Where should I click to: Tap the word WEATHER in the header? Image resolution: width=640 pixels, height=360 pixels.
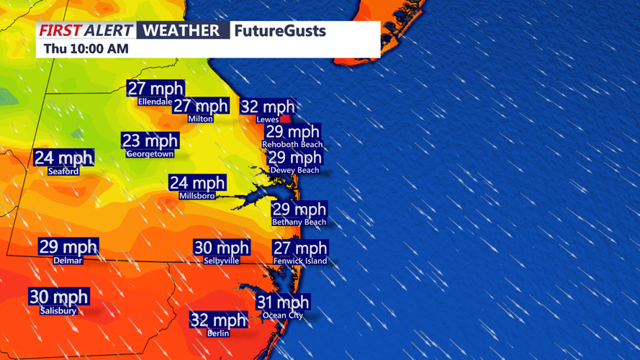181,30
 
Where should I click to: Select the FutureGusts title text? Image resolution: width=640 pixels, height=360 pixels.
280,31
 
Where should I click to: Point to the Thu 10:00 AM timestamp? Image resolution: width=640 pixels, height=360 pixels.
86,49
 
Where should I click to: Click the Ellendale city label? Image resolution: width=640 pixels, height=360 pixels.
155,102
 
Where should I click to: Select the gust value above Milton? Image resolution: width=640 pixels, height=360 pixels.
200,106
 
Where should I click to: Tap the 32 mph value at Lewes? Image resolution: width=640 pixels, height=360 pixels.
267,107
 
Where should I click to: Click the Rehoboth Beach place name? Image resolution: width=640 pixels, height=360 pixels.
292,144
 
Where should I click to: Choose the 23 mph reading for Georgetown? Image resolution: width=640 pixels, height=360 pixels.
150,140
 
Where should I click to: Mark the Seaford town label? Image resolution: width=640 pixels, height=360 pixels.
63,171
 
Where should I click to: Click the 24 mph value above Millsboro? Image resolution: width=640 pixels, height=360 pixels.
197,183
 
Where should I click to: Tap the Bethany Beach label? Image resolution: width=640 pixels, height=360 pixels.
299,222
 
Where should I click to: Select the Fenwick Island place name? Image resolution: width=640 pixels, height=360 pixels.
300,261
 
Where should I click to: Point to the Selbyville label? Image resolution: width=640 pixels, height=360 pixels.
222,261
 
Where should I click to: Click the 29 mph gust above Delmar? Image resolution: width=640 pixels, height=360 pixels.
68,247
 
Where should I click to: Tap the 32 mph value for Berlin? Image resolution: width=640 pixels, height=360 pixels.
218,320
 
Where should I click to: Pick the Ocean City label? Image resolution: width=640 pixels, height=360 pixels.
283,315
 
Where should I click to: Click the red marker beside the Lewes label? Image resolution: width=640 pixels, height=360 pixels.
286,119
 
